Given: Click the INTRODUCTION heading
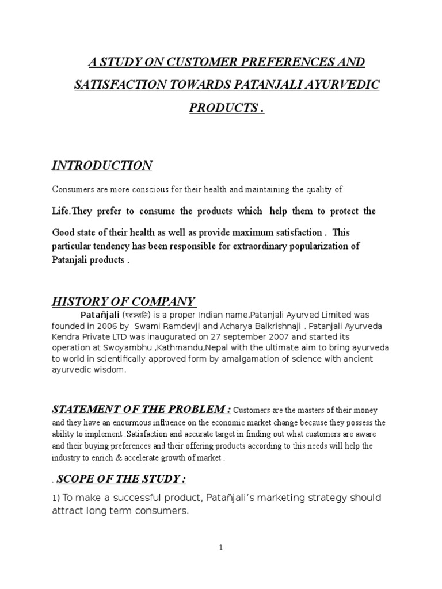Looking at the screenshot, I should click(102, 166).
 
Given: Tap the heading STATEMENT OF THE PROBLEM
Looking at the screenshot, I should click(142, 409).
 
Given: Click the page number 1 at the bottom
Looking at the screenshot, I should click(220, 548).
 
